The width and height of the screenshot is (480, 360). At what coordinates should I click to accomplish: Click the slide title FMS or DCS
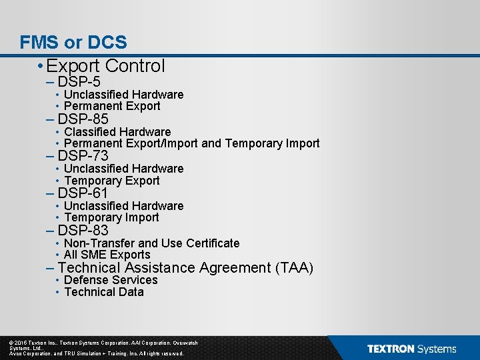point(73,43)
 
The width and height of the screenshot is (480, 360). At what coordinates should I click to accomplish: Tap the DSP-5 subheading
point(79,82)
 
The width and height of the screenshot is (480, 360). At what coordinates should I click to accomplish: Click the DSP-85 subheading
point(83,119)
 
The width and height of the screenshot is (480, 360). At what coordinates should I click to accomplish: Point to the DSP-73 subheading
point(83,156)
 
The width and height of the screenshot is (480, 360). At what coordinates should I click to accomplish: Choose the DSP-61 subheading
point(83,193)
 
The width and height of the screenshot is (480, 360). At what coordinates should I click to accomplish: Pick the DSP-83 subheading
point(83,231)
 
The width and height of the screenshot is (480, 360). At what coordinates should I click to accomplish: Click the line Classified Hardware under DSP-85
point(117,132)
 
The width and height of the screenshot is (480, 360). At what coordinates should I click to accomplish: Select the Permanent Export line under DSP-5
point(112,106)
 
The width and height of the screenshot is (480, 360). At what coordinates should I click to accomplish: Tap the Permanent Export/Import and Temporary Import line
point(192,143)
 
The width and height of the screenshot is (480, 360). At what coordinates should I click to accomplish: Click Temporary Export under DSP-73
point(112,181)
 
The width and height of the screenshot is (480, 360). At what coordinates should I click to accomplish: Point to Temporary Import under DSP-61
point(111,217)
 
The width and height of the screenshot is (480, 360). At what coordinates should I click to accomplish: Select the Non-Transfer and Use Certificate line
point(151,243)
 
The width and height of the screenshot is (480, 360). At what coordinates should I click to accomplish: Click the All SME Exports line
point(107,255)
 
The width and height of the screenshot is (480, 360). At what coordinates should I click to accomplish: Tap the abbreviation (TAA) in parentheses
point(294,268)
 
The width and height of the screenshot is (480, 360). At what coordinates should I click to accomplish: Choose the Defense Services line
point(111,280)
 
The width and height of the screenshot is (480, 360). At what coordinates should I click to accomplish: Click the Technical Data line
point(104,292)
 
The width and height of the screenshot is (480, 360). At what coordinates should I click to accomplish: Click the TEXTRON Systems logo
point(411,349)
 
